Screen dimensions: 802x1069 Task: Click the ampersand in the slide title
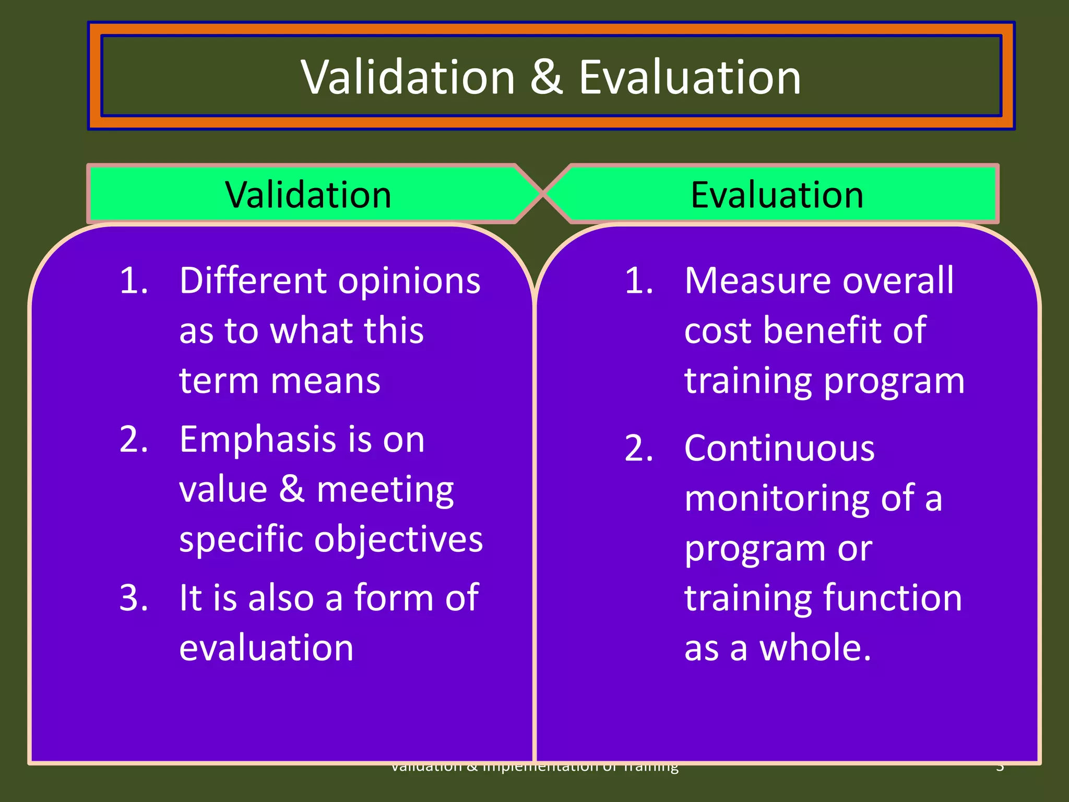547,77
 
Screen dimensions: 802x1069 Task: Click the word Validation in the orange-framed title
408,77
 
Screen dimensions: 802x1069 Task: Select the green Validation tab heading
308,195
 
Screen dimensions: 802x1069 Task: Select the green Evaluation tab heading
777,195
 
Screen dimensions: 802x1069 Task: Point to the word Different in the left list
253,281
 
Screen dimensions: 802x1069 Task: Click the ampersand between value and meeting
292,489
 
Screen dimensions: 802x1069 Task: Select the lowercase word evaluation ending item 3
266,648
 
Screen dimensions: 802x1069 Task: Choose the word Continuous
779,449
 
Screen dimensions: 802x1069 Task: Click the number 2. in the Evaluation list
639,449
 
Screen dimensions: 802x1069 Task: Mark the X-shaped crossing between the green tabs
543,193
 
